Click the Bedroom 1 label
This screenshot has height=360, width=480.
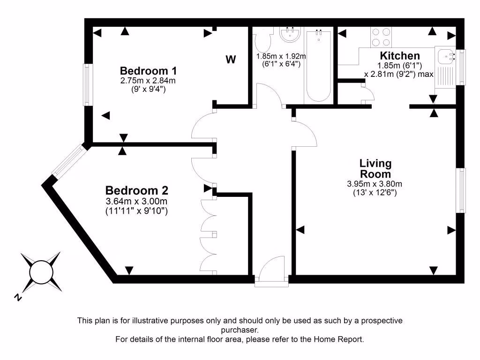click(x=148, y=71)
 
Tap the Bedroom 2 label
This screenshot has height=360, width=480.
click(x=136, y=191)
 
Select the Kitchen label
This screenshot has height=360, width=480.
click(x=400, y=56)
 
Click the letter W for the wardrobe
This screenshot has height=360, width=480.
click(x=231, y=60)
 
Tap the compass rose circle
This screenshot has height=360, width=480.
click(x=41, y=271)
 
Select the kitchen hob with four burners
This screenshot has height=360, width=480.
click(x=381, y=37)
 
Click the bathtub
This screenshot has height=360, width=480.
click(x=319, y=66)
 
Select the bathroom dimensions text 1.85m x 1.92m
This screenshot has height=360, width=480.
click(x=281, y=56)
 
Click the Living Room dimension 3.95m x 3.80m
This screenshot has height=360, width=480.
click(x=375, y=184)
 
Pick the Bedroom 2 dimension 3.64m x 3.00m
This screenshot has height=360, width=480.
click(x=136, y=202)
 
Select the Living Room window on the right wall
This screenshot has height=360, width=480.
click(x=462, y=190)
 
